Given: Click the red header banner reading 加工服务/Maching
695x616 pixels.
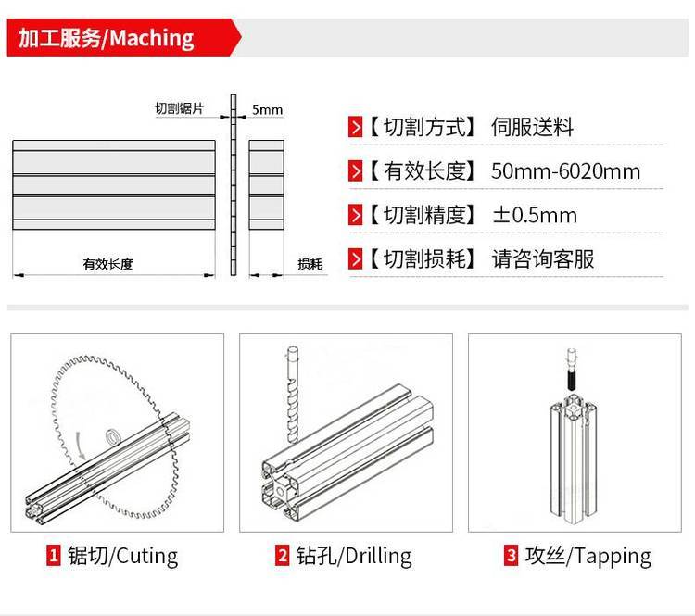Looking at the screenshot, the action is click(x=124, y=38).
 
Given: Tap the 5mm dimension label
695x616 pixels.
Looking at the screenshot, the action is click(x=267, y=109).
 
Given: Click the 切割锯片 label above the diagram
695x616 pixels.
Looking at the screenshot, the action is click(x=179, y=108).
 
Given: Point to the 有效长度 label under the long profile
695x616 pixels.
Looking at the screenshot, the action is click(x=108, y=264).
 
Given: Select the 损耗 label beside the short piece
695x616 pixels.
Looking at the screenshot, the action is click(x=310, y=264).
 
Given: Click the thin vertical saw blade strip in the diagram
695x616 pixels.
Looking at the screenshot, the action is click(x=234, y=185).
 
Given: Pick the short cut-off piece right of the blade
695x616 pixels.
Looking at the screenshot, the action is click(x=266, y=185).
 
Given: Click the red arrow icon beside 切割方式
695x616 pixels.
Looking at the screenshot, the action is click(x=356, y=127).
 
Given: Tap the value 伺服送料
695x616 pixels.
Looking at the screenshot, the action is click(x=532, y=127).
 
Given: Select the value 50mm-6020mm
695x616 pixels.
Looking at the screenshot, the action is click(x=565, y=171).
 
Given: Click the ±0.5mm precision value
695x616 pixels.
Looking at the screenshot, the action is click(x=535, y=215).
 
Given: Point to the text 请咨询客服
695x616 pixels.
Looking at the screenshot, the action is click(x=542, y=258).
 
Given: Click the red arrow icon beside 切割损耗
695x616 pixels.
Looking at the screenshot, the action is click(x=356, y=258).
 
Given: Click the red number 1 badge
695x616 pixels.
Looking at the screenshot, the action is click(x=53, y=555).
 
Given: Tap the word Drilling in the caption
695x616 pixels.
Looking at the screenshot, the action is click(x=378, y=556).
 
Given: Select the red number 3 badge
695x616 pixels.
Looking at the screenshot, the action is click(x=511, y=555).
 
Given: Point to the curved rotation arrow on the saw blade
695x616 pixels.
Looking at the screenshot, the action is click(x=81, y=446).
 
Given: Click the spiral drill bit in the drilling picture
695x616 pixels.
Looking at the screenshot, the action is click(x=293, y=395).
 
